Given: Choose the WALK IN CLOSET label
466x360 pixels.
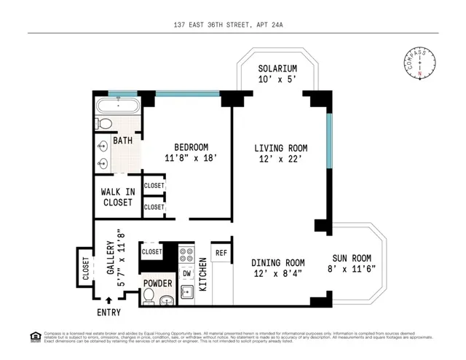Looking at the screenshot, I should pos(118,197).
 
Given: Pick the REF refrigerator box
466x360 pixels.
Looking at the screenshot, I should pos(221,254).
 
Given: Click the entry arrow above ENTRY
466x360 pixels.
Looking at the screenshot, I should pos(108,300).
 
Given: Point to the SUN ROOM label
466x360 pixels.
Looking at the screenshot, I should pos(352,258).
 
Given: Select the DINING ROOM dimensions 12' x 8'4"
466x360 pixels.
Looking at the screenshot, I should pos(277,273).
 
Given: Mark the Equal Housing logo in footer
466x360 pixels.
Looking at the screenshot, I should pos(34,336).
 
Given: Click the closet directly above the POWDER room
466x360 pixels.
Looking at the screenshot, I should pos(151,252).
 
